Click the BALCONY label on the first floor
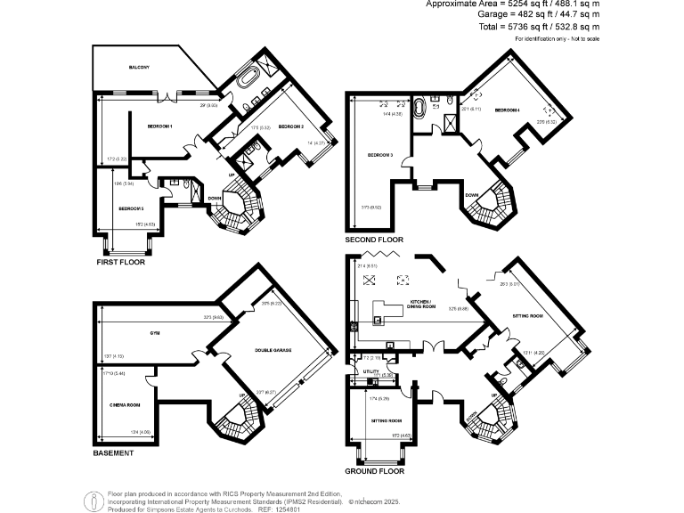click(x=138, y=68)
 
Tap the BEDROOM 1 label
click(x=159, y=126)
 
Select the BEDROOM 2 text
click(x=291, y=126)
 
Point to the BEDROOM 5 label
click(x=131, y=208)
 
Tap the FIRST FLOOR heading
click(x=119, y=263)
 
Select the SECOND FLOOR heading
click(x=374, y=240)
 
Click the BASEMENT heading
click(x=113, y=453)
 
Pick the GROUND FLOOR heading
click(x=374, y=471)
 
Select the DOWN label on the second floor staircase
click(x=472, y=194)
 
